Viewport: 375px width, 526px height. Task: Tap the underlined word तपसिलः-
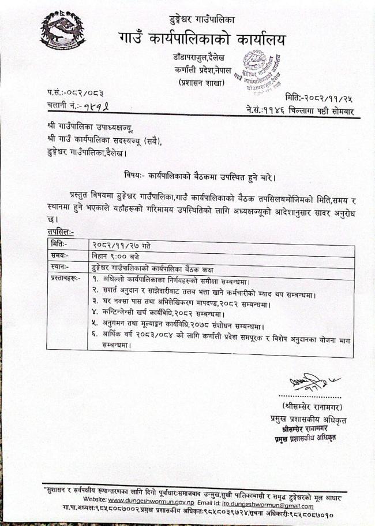click(x=61, y=231)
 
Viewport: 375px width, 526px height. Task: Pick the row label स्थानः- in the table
click(x=59, y=266)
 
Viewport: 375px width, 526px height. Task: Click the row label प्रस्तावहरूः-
click(x=66, y=279)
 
